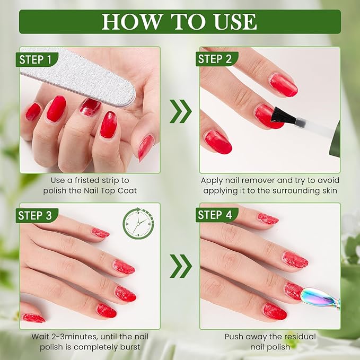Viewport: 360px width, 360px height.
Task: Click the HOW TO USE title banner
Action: pyautogui.click(x=180, y=22)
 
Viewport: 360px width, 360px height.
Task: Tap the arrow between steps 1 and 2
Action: pyautogui.click(x=180, y=110)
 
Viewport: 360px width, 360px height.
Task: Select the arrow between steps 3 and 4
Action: pyautogui.click(x=180, y=266)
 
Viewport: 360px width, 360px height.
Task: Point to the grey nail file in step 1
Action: pyautogui.click(x=80, y=74)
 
